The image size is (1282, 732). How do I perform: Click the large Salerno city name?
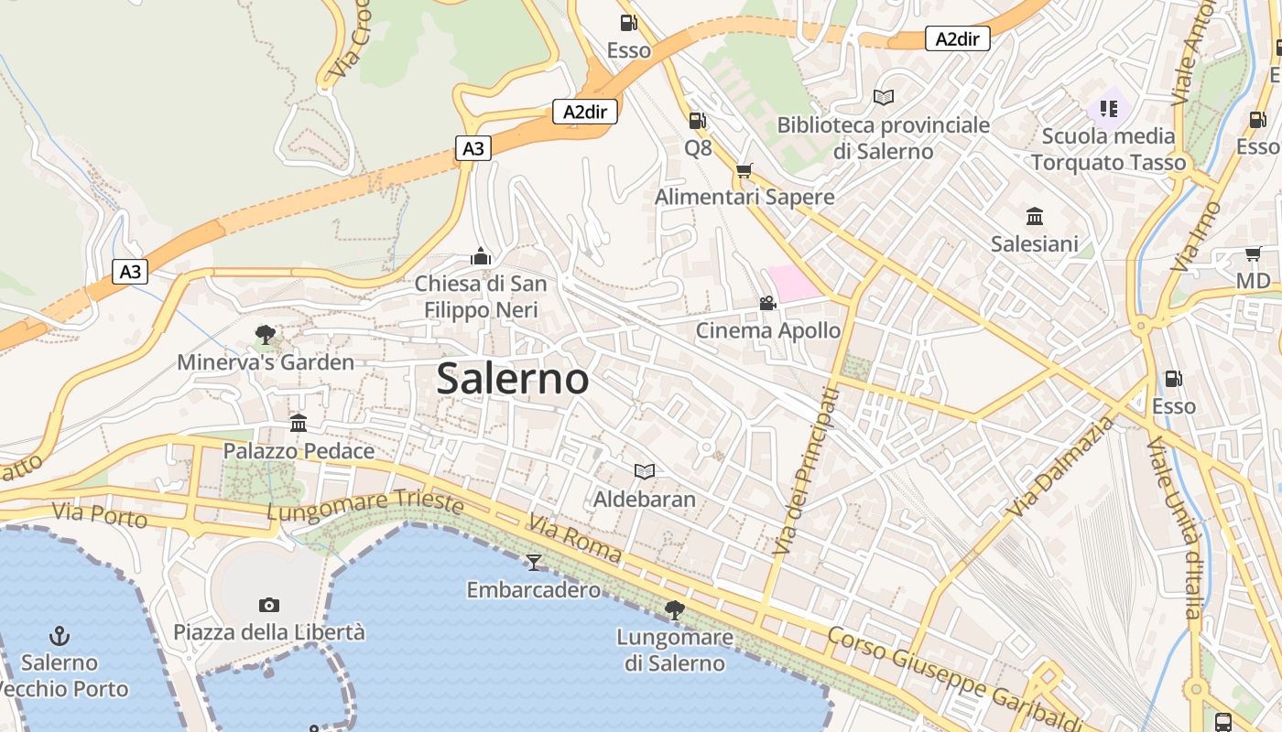click(x=512, y=378)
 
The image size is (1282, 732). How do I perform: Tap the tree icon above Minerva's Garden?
click(x=266, y=335)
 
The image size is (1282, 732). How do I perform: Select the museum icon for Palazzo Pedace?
click(x=299, y=423)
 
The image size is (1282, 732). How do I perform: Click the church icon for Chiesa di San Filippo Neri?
click(x=481, y=256)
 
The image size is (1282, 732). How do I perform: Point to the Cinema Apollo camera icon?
click(x=767, y=303)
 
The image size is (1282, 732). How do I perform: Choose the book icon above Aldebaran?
click(x=645, y=471)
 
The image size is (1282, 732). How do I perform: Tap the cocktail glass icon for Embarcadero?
click(x=534, y=562)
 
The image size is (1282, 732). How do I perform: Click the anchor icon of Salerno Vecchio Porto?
click(x=60, y=634)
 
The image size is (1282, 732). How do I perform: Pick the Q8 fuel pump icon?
click(x=697, y=120)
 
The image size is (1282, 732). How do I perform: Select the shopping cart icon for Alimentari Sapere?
click(x=744, y=170)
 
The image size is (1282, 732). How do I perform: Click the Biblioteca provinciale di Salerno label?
click(x=883, y=137)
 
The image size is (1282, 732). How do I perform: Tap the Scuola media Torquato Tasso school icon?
click(x=1109, y=110)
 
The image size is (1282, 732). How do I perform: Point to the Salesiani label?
click(x=1035, y=244)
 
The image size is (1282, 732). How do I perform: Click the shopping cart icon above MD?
click(x=1253, y=253)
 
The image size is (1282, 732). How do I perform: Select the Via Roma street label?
click(x=574, y=539)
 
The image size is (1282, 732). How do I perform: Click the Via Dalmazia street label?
click(x=1062, y=466)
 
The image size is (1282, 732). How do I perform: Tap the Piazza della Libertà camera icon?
click(x=268, y=605)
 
